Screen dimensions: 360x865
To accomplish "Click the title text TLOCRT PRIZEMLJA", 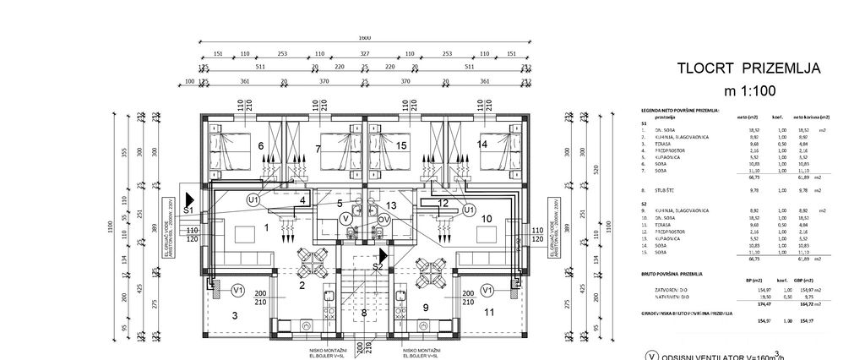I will coord(748,69).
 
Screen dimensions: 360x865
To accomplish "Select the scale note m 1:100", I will coord(748,90).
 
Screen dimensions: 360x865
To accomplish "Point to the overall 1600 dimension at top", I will coord(364,38).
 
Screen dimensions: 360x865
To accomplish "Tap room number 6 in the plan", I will coord(259,145).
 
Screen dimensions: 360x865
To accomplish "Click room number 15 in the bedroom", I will coord(402,145).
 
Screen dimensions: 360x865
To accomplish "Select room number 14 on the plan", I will coord(481,144).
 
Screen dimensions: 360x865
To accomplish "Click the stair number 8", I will coord(365,314).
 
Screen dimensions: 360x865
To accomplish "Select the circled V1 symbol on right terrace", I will coord(487,289).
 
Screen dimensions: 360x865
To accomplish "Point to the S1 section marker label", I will coord(188,209).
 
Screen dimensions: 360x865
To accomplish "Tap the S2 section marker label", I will coord(378,266).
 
